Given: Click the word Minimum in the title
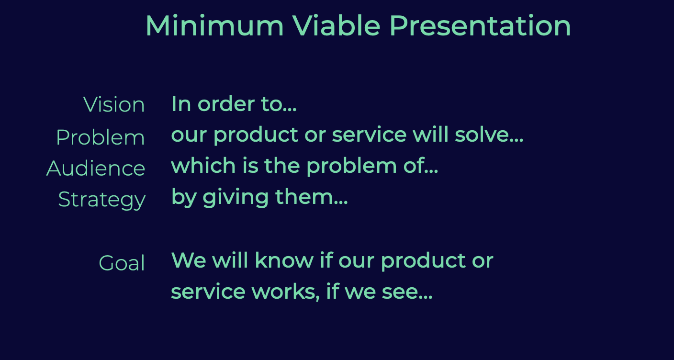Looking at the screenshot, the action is tap(215, 26).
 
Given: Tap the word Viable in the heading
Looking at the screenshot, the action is tap(337, 26).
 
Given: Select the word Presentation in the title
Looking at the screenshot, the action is tap(480, 26).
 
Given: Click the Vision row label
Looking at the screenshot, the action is tap(114, 104).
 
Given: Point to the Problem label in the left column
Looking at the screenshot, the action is tap(101, 137).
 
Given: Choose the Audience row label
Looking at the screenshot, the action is tap(96, 168).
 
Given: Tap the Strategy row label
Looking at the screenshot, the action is tap(102, 200).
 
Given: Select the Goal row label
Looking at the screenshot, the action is tap(122, 263).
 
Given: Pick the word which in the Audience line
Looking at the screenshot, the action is tap(203, 165).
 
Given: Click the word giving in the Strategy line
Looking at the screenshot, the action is tap(236, 197).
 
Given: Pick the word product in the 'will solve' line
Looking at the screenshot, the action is tap(256, 135).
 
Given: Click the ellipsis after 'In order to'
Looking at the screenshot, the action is tap(290, 110).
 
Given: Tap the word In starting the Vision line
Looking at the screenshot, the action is tap(181, 104).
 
